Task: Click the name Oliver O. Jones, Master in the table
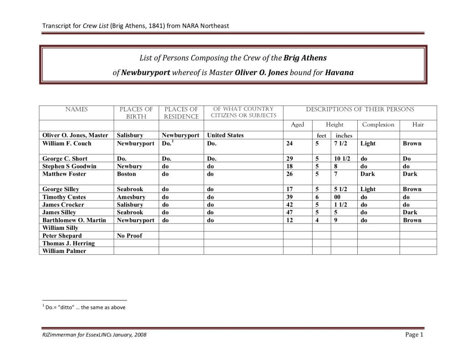[75, 135]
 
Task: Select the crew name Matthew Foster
[64, 174]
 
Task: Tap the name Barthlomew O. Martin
[74, 220]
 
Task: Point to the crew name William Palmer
[64, 251]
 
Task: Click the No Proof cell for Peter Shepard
[129, 236]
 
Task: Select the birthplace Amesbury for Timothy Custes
[131, 197]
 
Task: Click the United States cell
[225, 135]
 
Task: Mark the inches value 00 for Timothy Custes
[338, 197]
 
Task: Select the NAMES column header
[76, 109]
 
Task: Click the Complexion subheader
[378, 125]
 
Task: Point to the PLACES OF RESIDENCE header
[181, 113]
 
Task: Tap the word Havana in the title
[339, 73]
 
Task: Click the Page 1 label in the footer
[414, 335]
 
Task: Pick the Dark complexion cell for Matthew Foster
[368, 174]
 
